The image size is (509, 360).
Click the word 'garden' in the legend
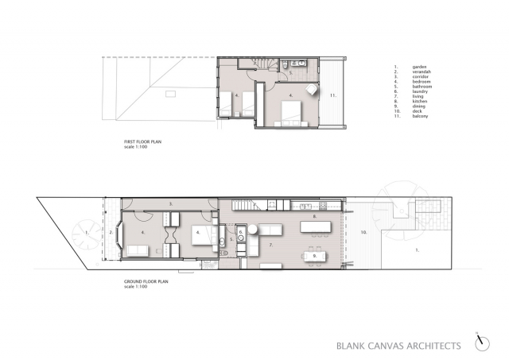coord(418,66)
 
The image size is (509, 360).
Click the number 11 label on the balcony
coord(335,96)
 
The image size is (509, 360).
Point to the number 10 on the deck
coord(363,232)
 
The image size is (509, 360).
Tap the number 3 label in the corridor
coord(171,204)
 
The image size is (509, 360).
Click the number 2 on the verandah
coord(111,232)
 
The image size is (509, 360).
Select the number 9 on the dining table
coord(315,256)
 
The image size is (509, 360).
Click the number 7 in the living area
coord(270,246)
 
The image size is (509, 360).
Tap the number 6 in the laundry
coord(240,233)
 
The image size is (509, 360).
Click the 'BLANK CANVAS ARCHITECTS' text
coord(398,345)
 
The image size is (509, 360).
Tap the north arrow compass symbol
coord(481,342)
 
